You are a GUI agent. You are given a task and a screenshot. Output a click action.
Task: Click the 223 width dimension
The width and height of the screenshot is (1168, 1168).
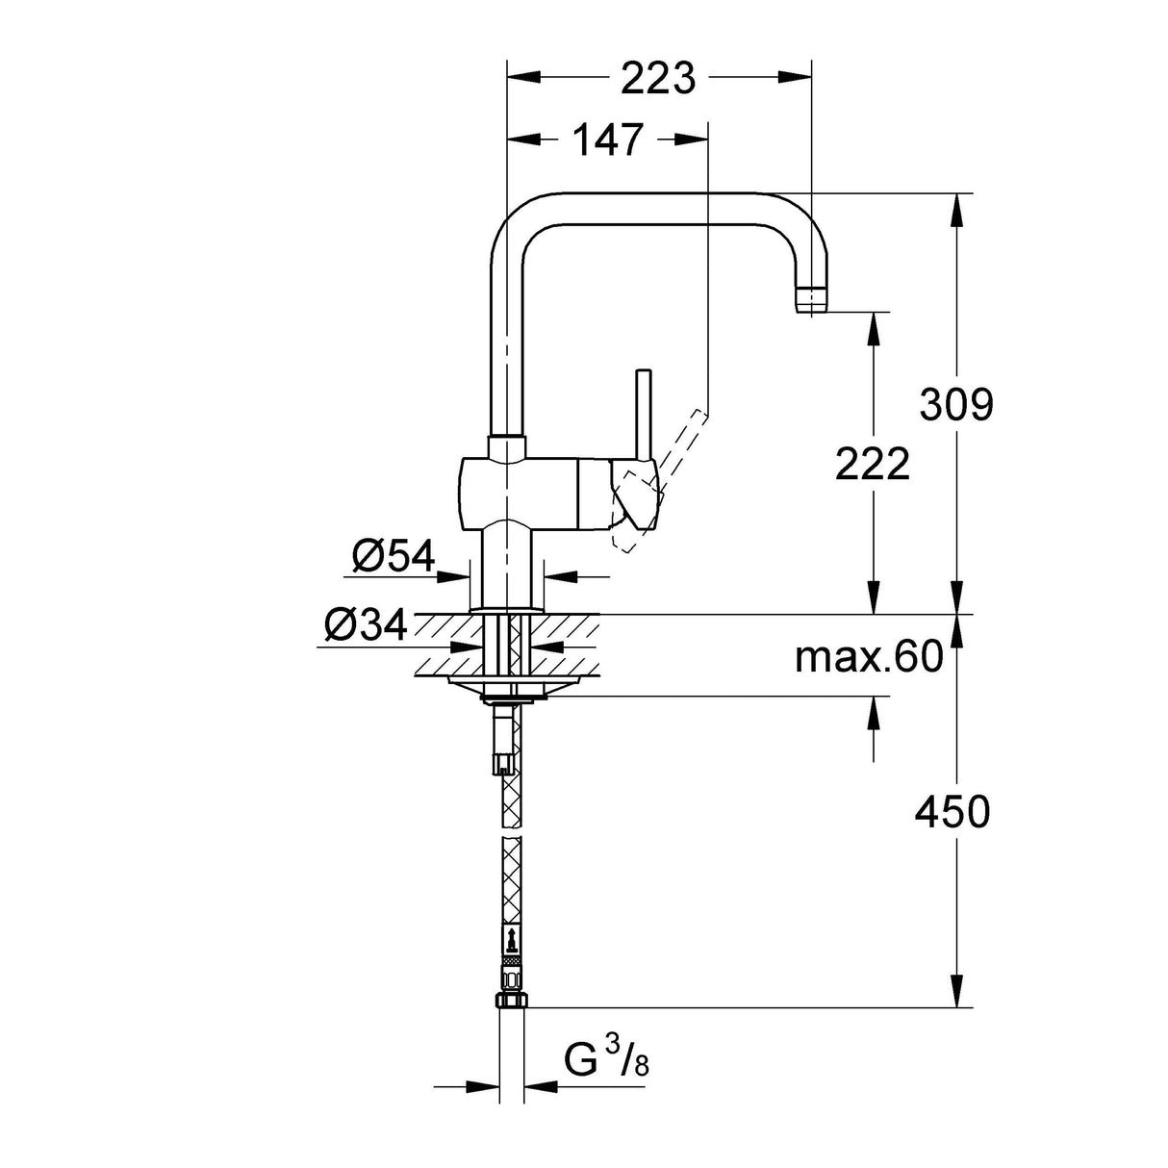(658, 78)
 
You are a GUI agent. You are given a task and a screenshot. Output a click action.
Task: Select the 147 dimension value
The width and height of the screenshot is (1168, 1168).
(608, 140)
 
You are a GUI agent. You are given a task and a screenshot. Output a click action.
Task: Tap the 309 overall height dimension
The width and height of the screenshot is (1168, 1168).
(955, 404)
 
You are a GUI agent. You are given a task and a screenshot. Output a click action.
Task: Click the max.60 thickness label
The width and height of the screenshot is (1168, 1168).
(868, 658)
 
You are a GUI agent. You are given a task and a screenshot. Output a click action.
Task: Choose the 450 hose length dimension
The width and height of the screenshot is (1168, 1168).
(952, 813)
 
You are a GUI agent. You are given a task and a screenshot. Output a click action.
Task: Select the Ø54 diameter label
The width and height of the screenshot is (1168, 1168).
(393, 556)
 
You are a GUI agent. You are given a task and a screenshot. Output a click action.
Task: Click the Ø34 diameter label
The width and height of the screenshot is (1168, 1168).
(366, 626)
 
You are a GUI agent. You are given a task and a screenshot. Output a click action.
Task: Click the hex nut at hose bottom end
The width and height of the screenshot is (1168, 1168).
(510, 1002)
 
